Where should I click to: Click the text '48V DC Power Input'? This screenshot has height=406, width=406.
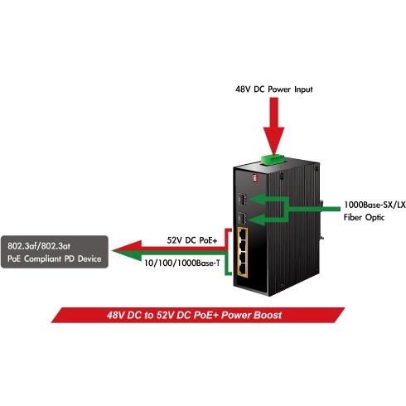tap(273, 89)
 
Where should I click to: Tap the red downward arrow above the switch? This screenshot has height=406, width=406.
tap(273, 127)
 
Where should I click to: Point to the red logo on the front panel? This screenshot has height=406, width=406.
tap(255, 177)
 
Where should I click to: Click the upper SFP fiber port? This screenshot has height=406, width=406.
tap(242, 199)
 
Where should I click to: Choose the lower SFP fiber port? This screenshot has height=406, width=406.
tap(242, 218)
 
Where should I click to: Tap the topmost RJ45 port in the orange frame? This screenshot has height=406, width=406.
tap(243, 235)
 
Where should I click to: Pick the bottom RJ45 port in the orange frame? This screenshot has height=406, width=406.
tap(243, 268)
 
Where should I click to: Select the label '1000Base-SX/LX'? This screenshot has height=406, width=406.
tap(375, 205)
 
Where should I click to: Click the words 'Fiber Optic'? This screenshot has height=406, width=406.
tap(364, 217)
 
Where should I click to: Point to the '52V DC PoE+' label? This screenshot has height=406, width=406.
tap(192, 240)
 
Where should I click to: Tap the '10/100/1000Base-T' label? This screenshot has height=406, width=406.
tap(182, 263)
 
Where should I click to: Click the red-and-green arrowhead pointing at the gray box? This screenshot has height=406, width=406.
tap(127, 250)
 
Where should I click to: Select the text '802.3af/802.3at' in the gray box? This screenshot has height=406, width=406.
tap(39, 246)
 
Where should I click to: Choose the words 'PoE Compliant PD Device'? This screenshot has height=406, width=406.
tap(55, 259)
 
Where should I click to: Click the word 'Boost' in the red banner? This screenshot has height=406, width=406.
tap(268, 315)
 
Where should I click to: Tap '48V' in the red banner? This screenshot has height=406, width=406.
tap(116, 315)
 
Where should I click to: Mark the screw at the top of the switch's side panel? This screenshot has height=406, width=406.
tap(282, 176)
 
